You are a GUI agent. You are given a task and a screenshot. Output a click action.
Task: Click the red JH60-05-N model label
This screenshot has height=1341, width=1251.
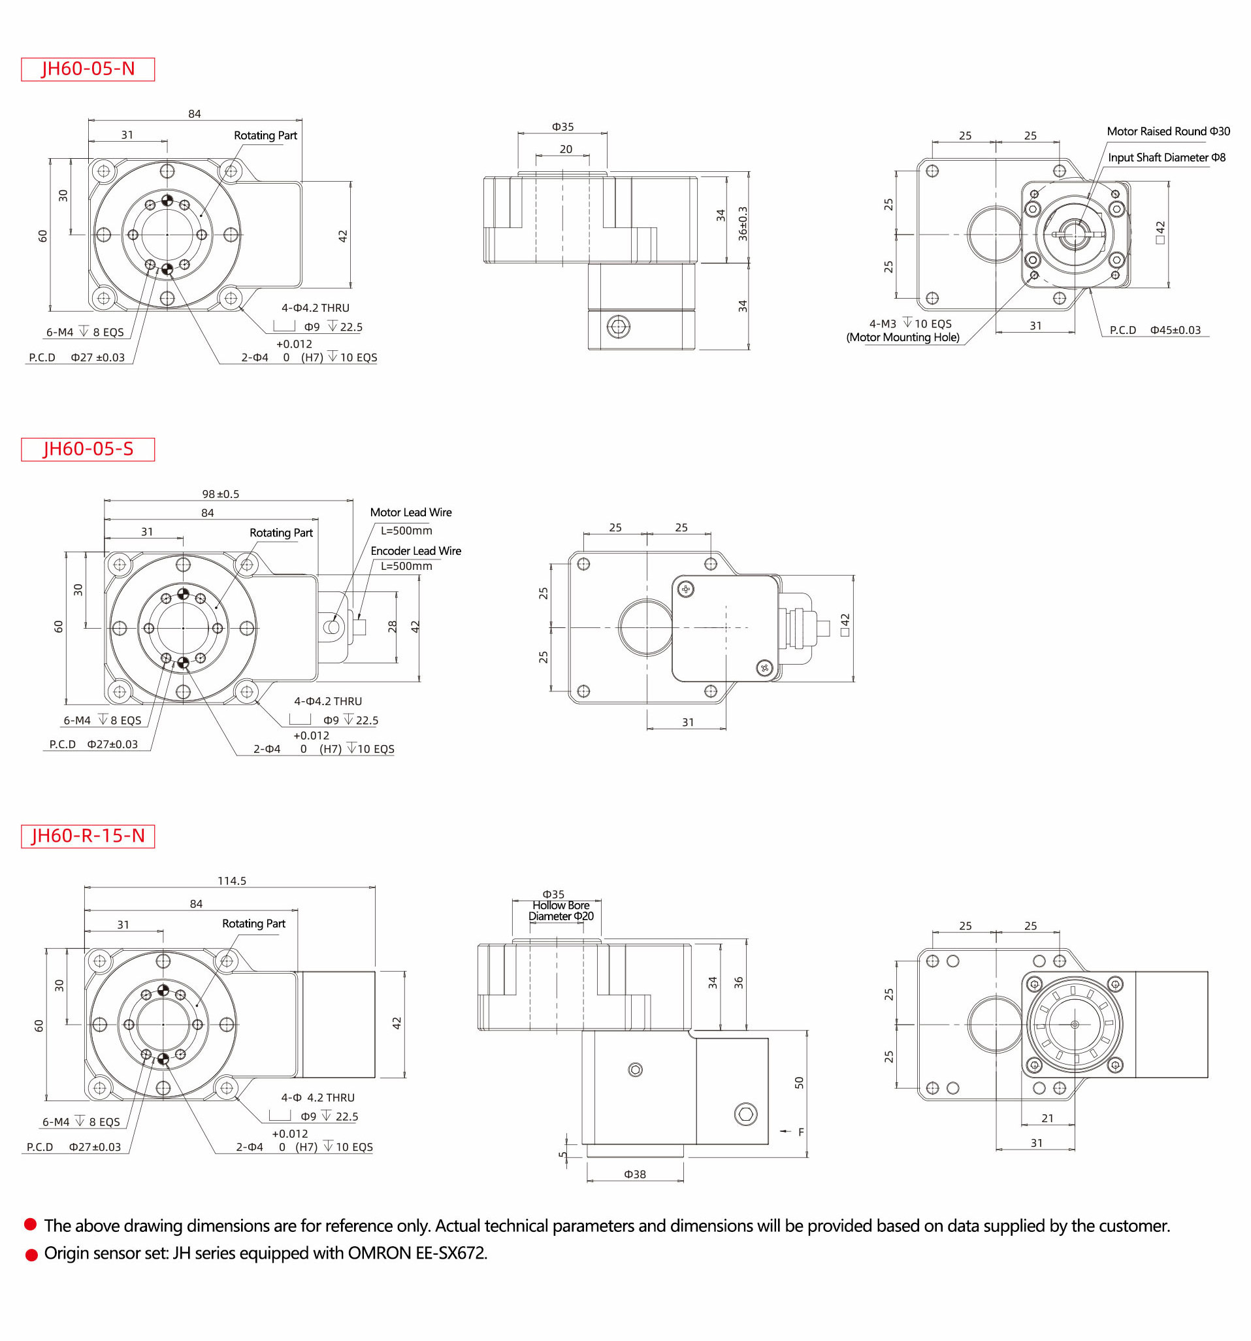click(88, 69)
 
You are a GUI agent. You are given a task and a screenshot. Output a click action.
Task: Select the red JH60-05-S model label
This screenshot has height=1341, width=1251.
click(88, 449)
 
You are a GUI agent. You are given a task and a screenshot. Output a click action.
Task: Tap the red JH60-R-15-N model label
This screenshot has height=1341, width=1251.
click(88, 836)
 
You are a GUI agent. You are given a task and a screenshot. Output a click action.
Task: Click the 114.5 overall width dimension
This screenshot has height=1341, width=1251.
click(231, 881)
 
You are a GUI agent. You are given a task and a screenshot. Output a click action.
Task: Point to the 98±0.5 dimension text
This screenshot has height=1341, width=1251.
click(221, 494)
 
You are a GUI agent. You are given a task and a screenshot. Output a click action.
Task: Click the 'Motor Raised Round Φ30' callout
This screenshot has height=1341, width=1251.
click(1167, 131)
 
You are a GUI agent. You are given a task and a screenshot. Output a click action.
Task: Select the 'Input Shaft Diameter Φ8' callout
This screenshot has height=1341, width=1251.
click(1166, 158)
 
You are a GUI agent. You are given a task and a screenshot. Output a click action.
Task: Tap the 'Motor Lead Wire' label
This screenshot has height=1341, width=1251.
click(411, 512)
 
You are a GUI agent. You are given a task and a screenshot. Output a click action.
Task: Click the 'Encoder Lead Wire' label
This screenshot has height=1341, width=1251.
click(415, 551)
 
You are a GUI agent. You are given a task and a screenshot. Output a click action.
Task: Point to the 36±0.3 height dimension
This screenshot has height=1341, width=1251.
click(743, 223)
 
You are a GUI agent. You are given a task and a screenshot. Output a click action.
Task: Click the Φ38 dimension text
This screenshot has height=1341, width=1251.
click(634, 1174)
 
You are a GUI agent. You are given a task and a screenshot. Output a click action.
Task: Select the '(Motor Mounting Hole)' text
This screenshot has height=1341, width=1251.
click(902, 337)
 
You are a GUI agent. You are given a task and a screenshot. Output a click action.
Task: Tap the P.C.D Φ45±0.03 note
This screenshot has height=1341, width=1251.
click(1154, 330)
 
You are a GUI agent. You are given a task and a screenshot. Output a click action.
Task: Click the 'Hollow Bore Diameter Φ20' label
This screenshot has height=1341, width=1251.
click(561, 910)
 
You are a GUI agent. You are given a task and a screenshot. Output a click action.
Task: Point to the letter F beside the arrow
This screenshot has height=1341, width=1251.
click(800, 1132)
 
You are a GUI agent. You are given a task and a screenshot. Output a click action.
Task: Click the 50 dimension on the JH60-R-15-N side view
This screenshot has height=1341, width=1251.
click(799, 1083)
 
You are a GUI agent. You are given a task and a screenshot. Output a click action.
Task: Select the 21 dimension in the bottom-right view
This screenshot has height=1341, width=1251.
click(1047, 1117)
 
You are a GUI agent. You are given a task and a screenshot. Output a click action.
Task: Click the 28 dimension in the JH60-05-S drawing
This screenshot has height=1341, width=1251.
click(393, 627)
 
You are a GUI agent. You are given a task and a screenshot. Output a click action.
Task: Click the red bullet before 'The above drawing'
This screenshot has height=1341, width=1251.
click(30, 1224)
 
